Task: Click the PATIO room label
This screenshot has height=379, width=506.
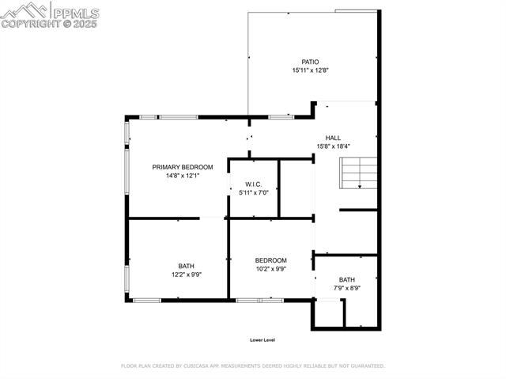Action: click(x=310, y=62)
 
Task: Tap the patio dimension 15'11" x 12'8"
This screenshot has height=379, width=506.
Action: click(x=310, y=70)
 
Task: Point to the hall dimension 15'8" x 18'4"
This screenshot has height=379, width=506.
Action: click(x=333, y=146)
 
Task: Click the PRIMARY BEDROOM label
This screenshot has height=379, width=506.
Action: click(x=183, y=167)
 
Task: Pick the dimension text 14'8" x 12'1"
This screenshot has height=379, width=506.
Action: click(x=183, y=176)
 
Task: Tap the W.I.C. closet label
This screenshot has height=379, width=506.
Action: click(x=253, y=184)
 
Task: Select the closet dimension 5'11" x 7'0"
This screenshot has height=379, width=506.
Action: click(x=253, y=192)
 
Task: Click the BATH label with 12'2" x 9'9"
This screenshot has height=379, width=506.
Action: click(x=186, y=267)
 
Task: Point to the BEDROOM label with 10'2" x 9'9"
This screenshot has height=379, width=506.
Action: click(x=270, y=260)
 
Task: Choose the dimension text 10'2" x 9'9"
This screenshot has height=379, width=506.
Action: click(x=270, y=269)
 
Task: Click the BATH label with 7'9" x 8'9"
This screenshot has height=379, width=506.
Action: click(x=347, y=279)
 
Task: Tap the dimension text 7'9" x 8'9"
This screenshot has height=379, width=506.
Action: click(x=347, y=288)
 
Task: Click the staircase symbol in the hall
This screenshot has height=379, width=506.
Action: click(x=359, y=173)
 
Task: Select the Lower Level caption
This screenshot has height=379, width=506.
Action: click(x=262, y=340)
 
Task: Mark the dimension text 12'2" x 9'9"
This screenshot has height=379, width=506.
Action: click(x=186, y=275)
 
